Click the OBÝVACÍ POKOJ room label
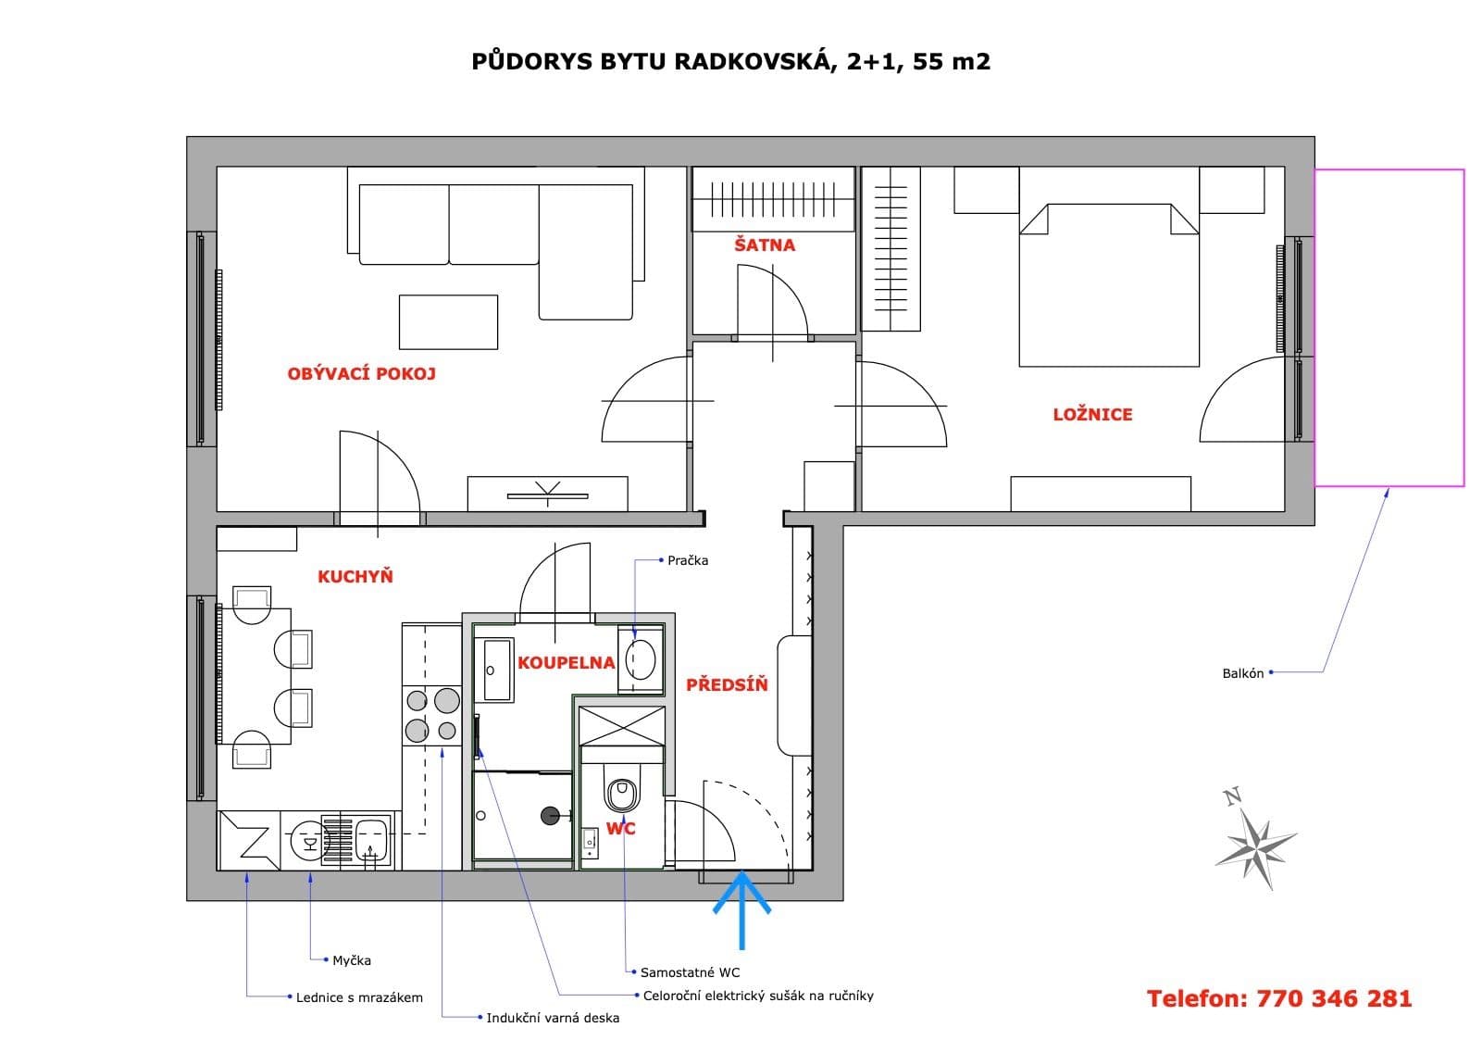pyautogui.click(x=361, y=374)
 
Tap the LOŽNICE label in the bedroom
pyautogui.click(x=1092, y=415)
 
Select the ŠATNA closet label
pyautogui.click(x=765, y=245)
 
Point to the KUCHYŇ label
pyautogui.click(x=355, y=577)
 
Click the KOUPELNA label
pyautogui.click(x=566, y=663)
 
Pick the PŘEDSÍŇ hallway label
pyautogui.click(x=727, y=685)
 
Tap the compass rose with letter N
pyautogui.click(x=1256, y=840)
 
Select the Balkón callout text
pyautogui.click(x=1242, y=673)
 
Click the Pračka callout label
pyautogui.click(x=688, y=560)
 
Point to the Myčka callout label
pyautogui.click(x=352, y=960)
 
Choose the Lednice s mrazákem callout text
pyautogui.click(x=359, y=997)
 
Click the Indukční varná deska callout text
pyautogui.click(x=553, y=1018)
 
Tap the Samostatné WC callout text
pyautogui.click(x=690, y=972)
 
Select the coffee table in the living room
pyautogui.click(x=448, y=321)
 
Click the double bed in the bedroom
pyautogui.click(x=1109, y=287)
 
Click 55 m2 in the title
pyautogui.click(x=952, y=62)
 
